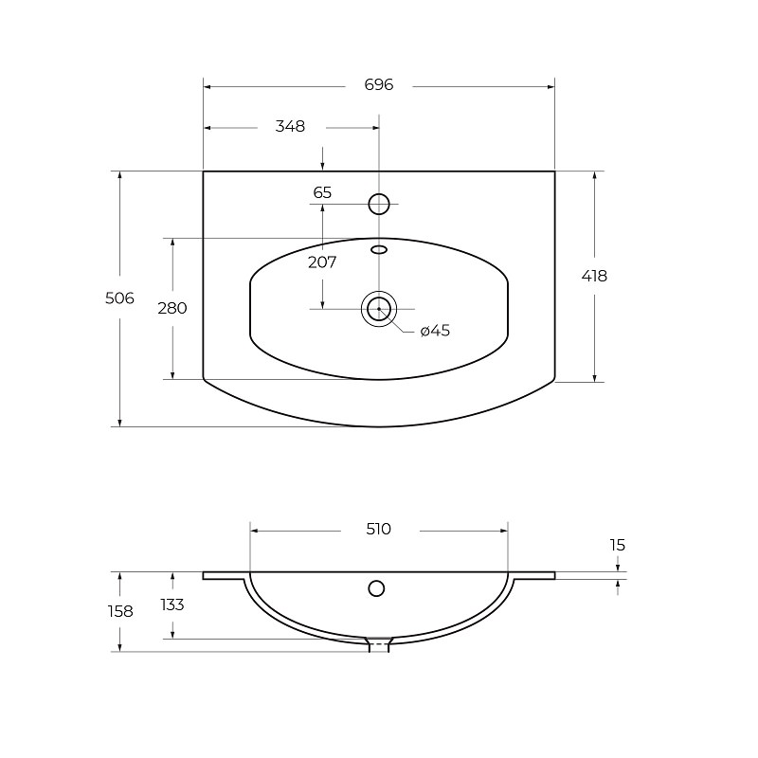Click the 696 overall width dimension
[x=378, y=85]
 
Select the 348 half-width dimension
[x=290, y=126]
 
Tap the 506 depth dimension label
[x=119, y=298]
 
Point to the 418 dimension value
[x=594, y=276]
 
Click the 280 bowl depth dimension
[x=172, y=308]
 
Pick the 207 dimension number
[x=322, y=262]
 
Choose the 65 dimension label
[x=322, y=192]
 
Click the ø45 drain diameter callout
[x=435, y=331]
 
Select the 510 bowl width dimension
[x=378, y=530]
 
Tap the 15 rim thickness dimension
[x=618, y=546]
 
